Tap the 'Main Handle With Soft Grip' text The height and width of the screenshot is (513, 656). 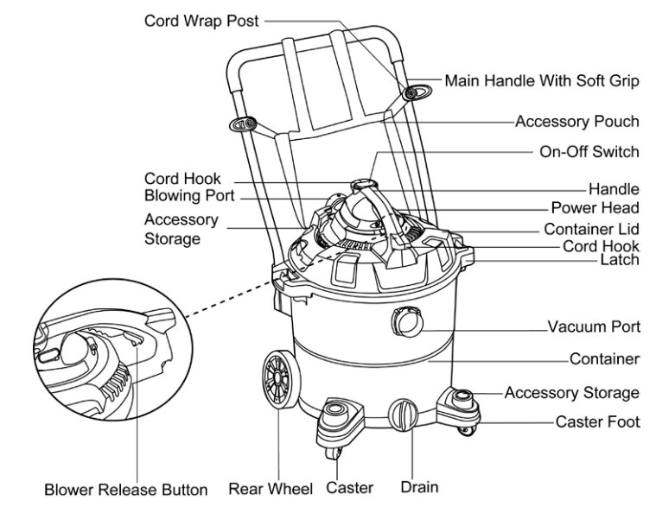click(542, 80)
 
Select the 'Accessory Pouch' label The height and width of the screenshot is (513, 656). click(576, 122)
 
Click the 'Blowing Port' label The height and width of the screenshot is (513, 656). click(189, 196)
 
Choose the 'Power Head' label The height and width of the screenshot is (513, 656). click(595, 208)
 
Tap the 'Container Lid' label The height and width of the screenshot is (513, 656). click(591, 229)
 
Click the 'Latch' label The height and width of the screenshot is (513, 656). click(621, 259)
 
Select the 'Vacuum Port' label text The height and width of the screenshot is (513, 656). click(593, 328)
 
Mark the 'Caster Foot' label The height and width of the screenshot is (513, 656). click(596, 422)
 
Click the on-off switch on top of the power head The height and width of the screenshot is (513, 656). click(361, 184)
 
